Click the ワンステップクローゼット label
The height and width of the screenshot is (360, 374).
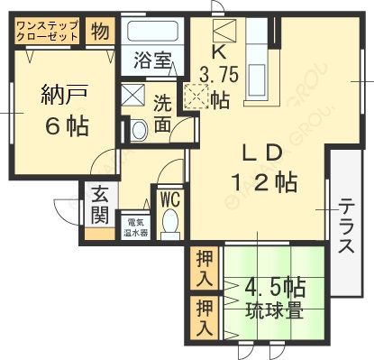[48, 32]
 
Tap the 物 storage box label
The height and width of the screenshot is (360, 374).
[100, 32]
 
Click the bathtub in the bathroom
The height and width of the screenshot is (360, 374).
[151, 35]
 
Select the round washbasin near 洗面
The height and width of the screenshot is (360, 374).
[138, 131]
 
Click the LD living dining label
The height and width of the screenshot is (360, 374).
[262, 151]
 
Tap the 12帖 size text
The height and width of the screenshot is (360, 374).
[262, 182]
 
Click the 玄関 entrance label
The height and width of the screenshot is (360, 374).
[99, 207]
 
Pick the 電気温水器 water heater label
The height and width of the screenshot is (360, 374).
[136, 226]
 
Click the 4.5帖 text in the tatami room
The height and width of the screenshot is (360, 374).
[276, 289]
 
